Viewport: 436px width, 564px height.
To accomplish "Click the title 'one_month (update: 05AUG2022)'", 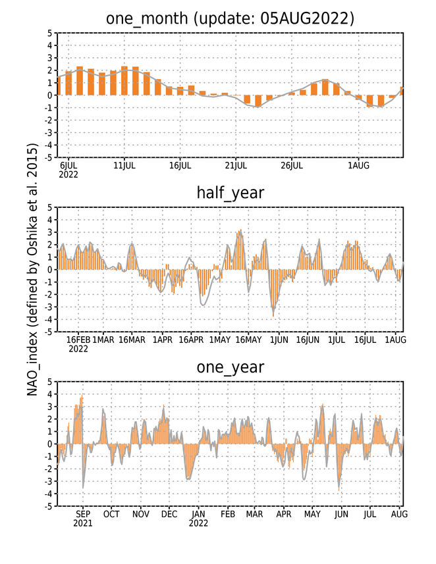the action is [230, 18].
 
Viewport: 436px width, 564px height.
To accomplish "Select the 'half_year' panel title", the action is [231, 193].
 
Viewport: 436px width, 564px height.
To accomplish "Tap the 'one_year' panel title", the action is [231, 367].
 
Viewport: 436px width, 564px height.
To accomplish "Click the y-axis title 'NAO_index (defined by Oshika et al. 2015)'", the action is [32, 270].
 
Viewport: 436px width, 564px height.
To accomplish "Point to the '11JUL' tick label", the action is [124, 166].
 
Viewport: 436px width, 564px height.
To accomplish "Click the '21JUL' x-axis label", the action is [236, 166].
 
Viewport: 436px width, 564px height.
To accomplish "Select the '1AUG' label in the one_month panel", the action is [358, 166].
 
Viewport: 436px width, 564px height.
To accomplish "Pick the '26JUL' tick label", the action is [292, 166].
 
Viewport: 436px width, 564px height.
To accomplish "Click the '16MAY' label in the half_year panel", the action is [248, 340].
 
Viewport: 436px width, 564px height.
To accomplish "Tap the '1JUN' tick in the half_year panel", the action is [279, 340].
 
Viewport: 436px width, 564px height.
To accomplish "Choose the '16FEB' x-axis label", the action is [78, 340].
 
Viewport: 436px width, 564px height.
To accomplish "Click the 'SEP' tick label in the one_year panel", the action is [83, 515].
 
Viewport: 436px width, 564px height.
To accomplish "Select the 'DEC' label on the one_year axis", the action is [169, 515].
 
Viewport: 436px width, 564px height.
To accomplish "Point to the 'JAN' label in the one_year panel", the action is [198, 515].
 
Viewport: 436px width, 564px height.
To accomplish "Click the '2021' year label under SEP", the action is [83, 523].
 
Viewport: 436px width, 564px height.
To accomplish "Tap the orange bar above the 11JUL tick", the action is [124, 80].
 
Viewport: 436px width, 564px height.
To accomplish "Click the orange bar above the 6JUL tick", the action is [68, 83].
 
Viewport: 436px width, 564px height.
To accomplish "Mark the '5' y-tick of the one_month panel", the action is [50, 33].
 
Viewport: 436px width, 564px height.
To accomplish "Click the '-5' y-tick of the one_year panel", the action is [49, 506].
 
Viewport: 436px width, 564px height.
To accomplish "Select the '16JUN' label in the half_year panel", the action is [308, 340].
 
